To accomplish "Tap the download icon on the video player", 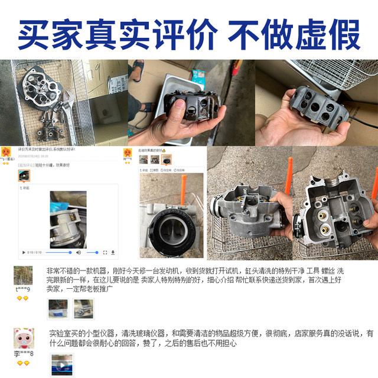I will click(x=113, y=252).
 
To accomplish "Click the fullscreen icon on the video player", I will click(x=106, y=252).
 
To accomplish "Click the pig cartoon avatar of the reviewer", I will click(x=24, y=339).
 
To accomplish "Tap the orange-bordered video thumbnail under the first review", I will click(x=24, y=175).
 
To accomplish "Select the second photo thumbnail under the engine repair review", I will click(x=82, y=308).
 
